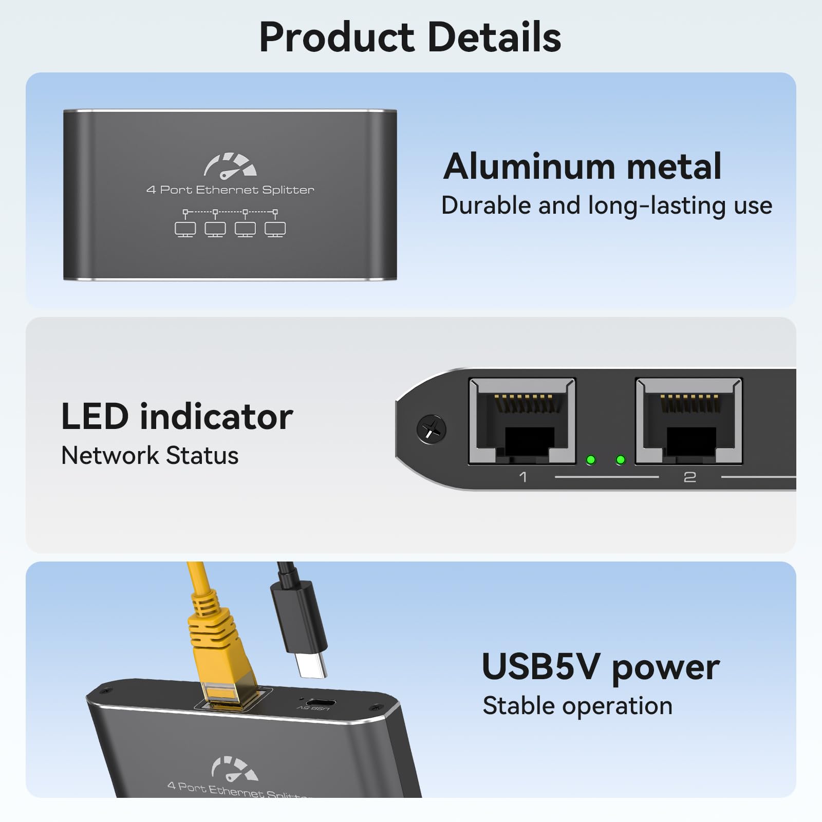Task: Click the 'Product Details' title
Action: tap(410, 37)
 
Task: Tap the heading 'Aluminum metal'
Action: tap(583, 166)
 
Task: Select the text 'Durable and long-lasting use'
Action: tap(607, 206)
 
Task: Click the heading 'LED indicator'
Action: tap(177, 416)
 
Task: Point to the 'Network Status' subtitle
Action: tap(150, 456)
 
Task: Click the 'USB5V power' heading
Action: tap(601, 667)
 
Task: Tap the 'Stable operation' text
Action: tap(577, 706)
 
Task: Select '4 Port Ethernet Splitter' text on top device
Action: tap(230, 190)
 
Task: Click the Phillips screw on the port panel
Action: tap(431, 429)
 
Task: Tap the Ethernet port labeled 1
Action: tap(522, 421)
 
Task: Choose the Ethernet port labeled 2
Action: tap(689, 421)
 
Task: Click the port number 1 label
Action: tap(523, 477)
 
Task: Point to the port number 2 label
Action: tap(689, 477)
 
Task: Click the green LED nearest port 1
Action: tap(591, 460)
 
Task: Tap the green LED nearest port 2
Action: tap(621, 460)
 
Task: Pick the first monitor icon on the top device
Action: tap(185, 229)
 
